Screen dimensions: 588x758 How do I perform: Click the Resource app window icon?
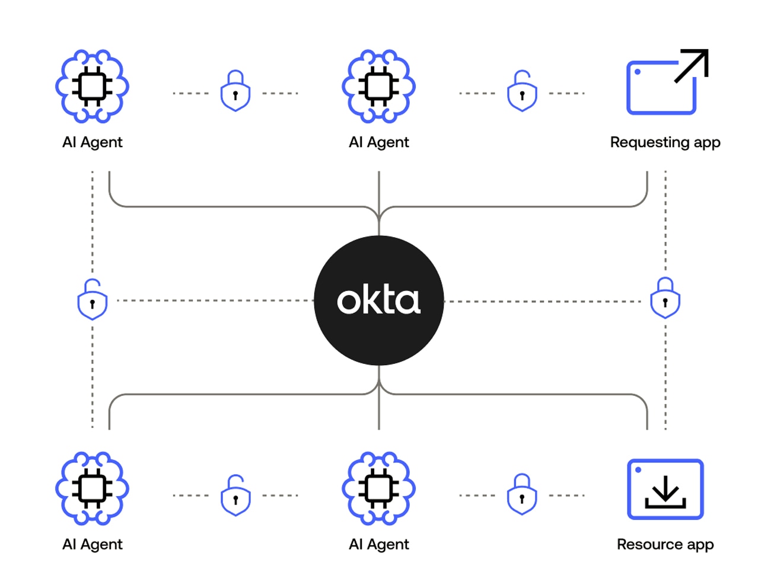(665, 489)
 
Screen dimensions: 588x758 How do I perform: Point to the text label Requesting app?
(665, 142)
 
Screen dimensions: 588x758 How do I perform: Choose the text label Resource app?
(665, 544)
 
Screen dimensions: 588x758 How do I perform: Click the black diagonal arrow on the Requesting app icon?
(692, 65)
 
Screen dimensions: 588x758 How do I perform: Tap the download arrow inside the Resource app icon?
(665, 492)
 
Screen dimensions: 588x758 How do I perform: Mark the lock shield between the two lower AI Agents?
(235, 496)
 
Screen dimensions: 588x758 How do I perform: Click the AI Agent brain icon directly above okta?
(378, 87)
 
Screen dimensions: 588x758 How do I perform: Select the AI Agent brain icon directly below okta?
(378, 488)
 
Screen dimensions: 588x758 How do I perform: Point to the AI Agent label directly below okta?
(378, 544)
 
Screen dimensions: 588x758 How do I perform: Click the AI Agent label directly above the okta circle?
(378, 142)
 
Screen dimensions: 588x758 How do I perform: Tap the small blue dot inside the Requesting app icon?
(638, 72)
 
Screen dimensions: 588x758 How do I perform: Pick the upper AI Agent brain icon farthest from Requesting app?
(92, 87)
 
